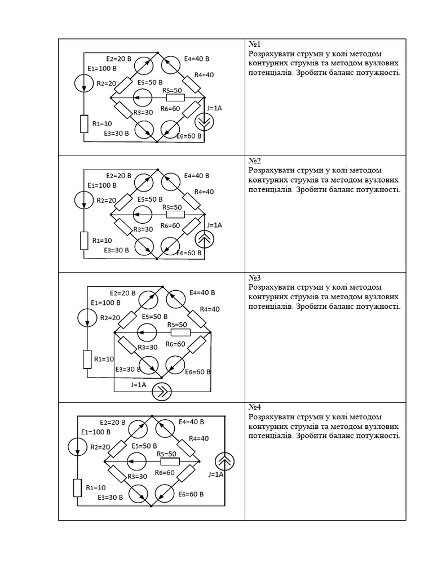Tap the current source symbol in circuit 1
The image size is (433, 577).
[x=204, y=122]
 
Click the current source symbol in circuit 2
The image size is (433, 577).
[x=204, y=239]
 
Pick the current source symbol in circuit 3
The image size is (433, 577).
[x=162, y=392]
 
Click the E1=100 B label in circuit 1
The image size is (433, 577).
[x=102, y=69]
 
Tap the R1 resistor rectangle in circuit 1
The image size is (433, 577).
[x=85, y=123]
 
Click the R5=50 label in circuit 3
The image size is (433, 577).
[x=177, y=325]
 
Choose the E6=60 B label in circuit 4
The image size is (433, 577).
[x=191, y=494]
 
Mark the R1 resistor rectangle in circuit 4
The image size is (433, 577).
[x=78, y=487]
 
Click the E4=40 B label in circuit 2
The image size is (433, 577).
[x=196, y=176]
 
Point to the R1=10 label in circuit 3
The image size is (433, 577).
[x=104, y=358]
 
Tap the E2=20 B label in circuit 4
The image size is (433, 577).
[x=112, y=422]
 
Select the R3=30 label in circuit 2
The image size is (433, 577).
[x=143, y=229]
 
